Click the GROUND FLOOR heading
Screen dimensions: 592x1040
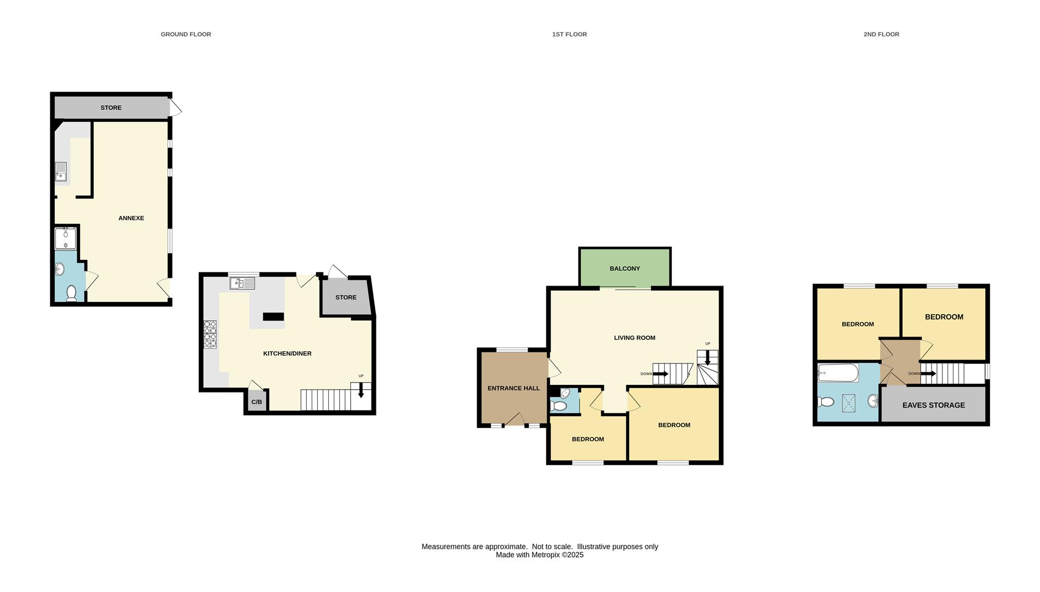(186, 34)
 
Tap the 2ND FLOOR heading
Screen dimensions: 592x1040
(881, 34)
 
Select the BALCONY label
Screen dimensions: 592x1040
(625, 269)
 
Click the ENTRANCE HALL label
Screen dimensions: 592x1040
(513, 388)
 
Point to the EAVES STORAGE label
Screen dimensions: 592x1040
(933, 405)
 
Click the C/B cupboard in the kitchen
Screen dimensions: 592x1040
(256, 402)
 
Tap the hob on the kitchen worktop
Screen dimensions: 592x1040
(210, 334)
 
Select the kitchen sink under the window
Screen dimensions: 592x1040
(242, 283)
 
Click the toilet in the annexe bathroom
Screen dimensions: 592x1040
(71, 293)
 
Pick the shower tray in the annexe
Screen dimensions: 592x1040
(66, 238)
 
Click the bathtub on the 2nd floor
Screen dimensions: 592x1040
(838, 374)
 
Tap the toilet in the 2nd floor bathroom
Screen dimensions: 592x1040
(825, 402)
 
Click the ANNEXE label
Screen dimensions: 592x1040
(132, 218)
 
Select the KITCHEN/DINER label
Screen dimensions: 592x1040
(287, 354)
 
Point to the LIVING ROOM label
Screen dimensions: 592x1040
(635, 338)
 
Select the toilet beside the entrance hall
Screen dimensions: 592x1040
(558, 406)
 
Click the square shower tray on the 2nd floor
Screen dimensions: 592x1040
(848, 403)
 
